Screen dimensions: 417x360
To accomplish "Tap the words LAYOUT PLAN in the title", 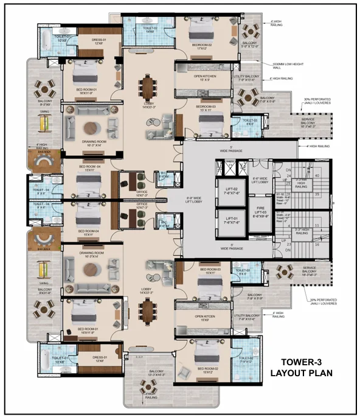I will pos(302,373).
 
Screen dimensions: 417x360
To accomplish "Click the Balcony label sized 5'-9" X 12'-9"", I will pos(250,44).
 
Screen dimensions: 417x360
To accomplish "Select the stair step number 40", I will pos(316,175).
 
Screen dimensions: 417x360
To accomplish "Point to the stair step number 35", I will pos(316,194).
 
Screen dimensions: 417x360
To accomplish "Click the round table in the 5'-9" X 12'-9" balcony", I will pos(250,30).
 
